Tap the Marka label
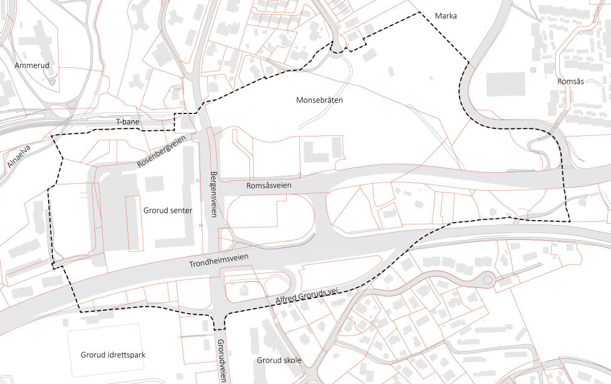click(x=446, y=16)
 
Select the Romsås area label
click(x=570, y=82)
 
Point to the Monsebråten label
click(x=320, y=100)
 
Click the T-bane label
click(x=128, y=122)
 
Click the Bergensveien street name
click(x=213, y=194)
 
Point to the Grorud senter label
click(x=168, y=211)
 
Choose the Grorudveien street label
click(x=221, y=360)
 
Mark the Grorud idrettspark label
click(x=113, y=355)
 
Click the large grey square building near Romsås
click(x=505, y=84)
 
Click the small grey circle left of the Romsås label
click(x=533, y=70)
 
